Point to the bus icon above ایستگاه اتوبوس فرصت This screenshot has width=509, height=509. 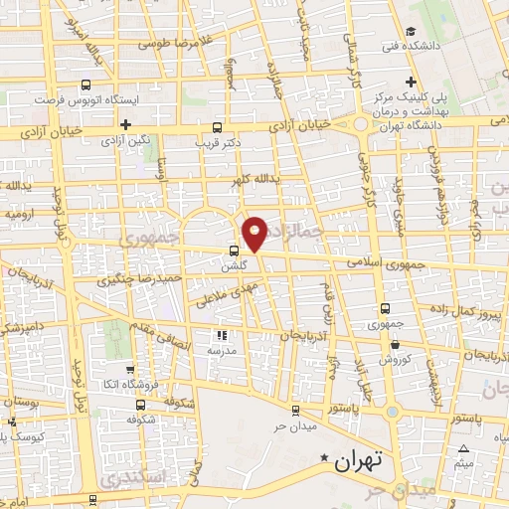tap(85, 85)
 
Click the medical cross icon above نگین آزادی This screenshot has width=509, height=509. tap(125, 124)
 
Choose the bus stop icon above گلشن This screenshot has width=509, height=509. tap(234, 251)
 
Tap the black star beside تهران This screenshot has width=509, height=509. tap(323, 458)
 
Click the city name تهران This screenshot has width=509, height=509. tap(359, 462)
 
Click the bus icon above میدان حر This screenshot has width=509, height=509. tap(294, 411)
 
